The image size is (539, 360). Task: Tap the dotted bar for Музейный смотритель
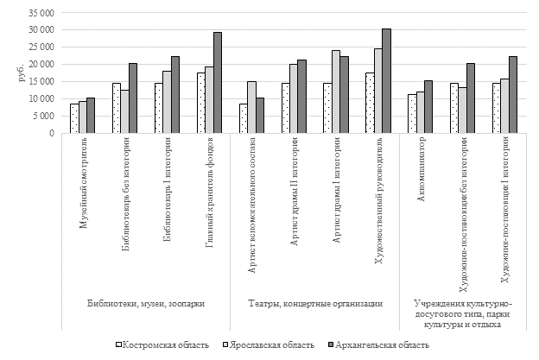point(74,118)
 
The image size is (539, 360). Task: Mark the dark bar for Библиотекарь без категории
point(132,98)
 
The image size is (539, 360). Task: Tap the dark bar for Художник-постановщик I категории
point(512,95)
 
